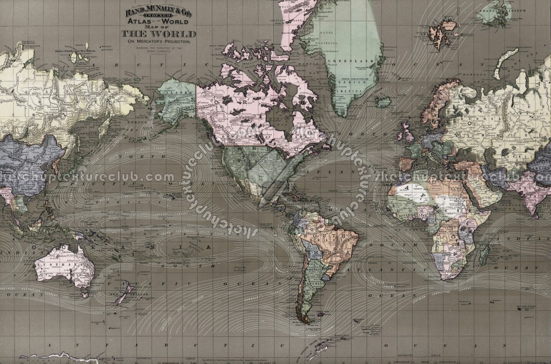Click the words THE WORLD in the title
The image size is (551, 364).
coord(159,34)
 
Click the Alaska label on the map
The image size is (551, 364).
coord(176,91)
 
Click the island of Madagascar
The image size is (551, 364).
coord(484,254)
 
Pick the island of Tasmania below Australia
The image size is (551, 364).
coord(84,292)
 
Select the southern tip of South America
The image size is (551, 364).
coord(304,319)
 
